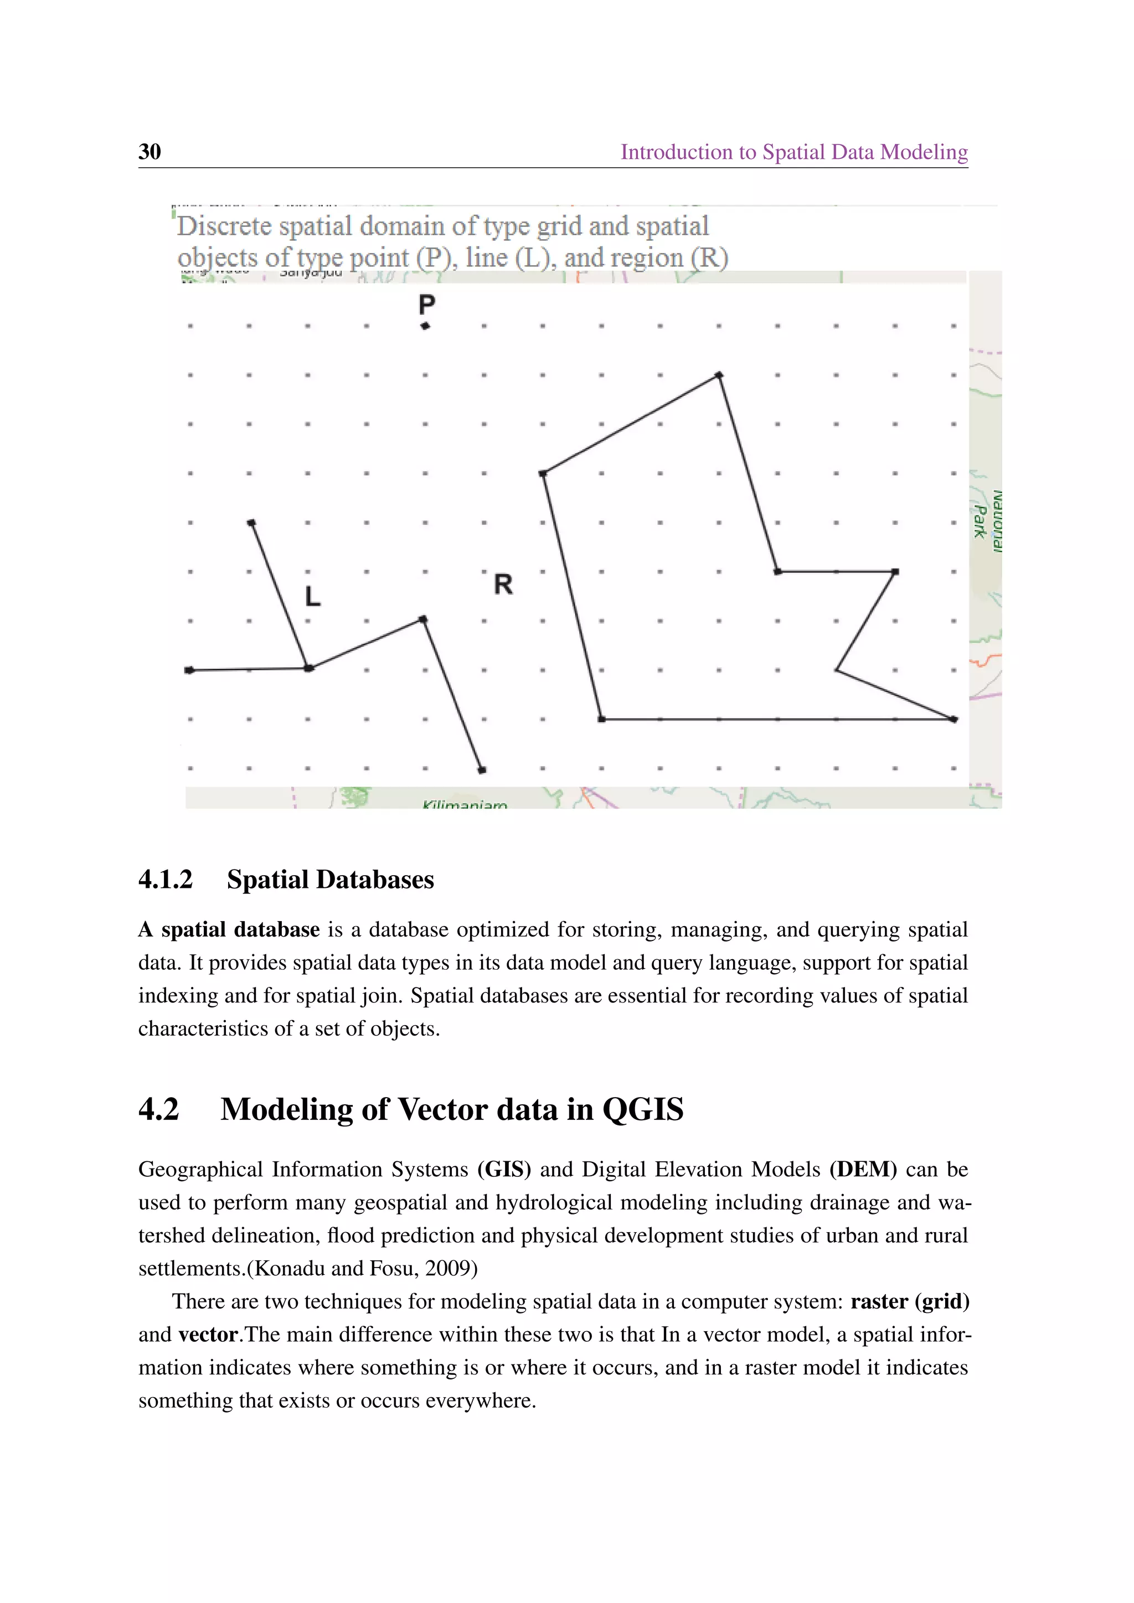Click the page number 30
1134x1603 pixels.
click(150, 152)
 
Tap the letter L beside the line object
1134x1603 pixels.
click(313, 596)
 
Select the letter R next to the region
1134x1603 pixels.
click(503, 585)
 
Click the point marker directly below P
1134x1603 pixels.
click(425, 326)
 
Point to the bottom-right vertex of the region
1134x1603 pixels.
click(954, 719)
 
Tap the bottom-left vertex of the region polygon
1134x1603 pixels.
click(601, 719)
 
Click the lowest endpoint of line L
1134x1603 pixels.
click(482, 770)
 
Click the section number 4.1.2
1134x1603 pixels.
click(166, 879)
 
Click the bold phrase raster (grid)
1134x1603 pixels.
click(910, 1301)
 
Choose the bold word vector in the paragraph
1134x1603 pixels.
click(208, 1334)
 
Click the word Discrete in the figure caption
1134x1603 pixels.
click(224, 226)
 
